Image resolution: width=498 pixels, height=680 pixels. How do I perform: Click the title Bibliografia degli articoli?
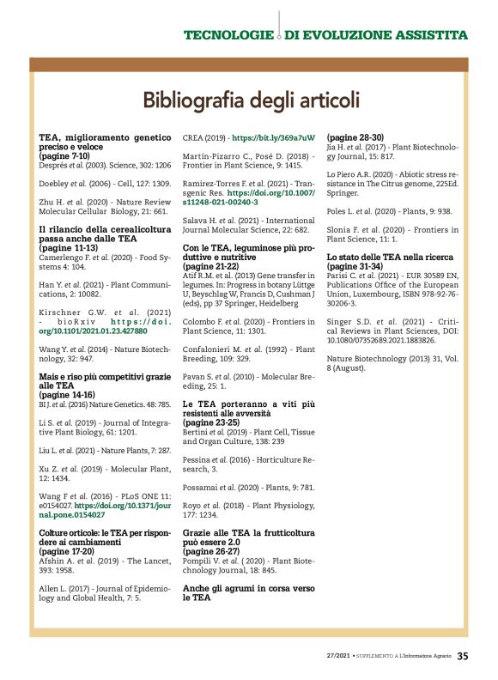(x=250, y=100)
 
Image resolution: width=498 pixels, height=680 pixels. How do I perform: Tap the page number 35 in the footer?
(x=462, y=657)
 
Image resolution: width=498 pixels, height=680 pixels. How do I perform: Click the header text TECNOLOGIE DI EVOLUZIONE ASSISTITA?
(x=325, y=35)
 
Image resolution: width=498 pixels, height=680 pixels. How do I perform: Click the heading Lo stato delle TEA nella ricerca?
(x=392, y=257)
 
